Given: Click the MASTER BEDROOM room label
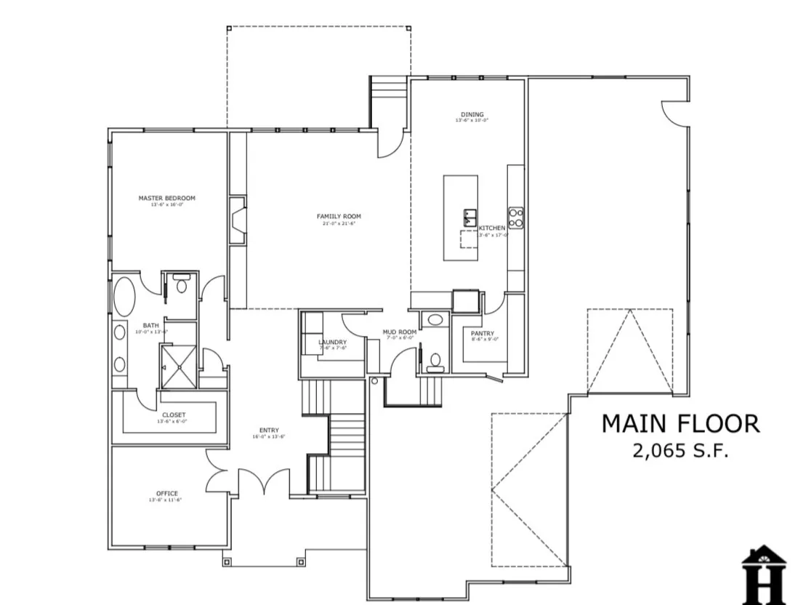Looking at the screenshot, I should (166, 198).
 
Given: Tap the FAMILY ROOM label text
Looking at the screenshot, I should (338, 216).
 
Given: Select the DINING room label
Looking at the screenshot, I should (472, 114).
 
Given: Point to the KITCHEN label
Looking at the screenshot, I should (492, 228).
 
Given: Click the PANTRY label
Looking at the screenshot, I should (482, 334).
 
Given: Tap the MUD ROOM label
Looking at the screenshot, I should (400, 332).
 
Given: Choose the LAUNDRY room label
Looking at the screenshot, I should (332, 342).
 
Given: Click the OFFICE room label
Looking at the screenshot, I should (166, 494).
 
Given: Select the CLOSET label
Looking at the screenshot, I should (173, 415).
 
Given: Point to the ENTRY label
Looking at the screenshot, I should (268, 430).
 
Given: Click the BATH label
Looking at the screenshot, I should (150, 326).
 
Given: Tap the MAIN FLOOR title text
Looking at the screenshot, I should (680, 423).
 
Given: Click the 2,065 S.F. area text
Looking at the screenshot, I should (680, 451).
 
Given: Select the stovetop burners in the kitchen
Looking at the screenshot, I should (515, 217).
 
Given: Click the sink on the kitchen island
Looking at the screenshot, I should (469, 217).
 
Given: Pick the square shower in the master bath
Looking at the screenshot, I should (178, 366).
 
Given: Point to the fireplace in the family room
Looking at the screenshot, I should (238, 221).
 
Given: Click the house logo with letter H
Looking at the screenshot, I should (763, 574).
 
